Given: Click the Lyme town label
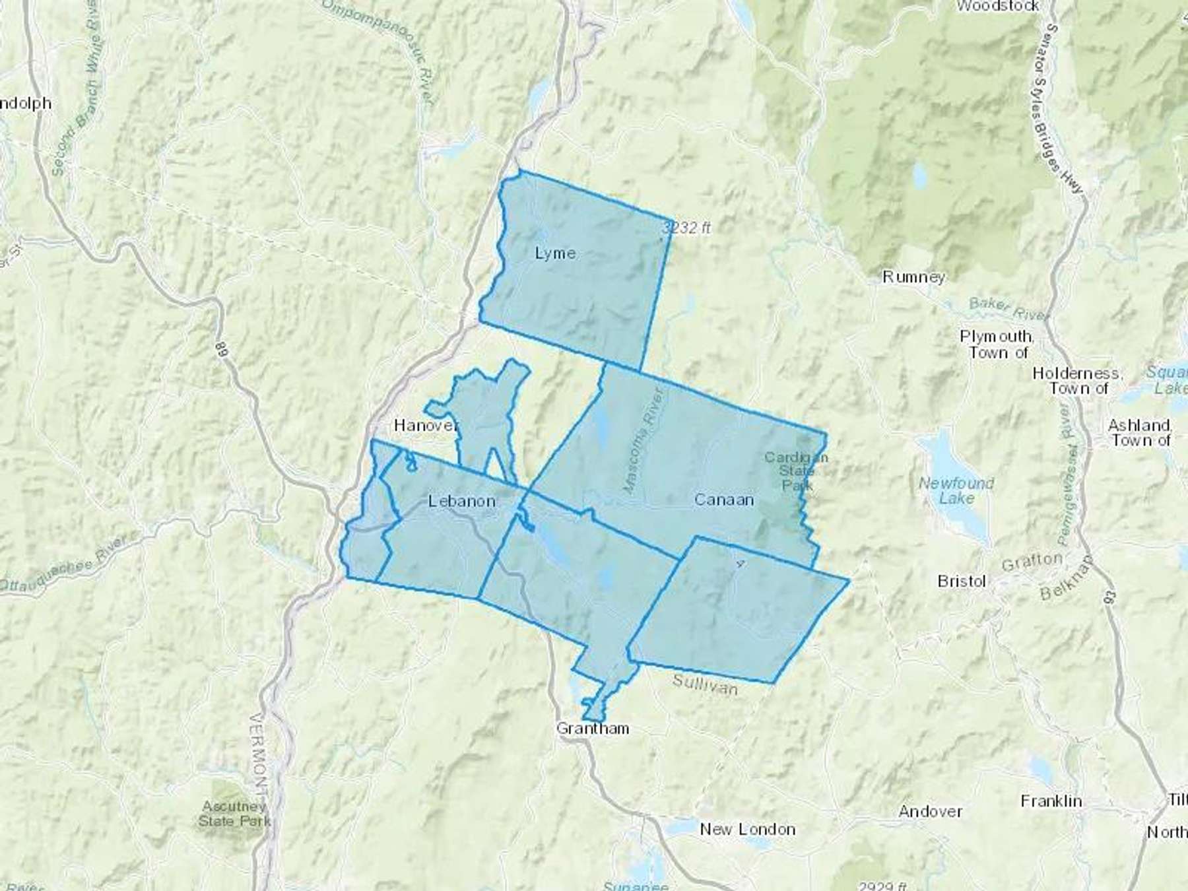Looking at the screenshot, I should pyautogui.click(x=555, y=253).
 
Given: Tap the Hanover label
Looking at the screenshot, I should pyautogui.click(x=426, y=425).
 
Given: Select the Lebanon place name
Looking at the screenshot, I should pyautogui.click(x=461, y=501).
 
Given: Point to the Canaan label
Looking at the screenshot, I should pyautogui.click(x=724, y=500).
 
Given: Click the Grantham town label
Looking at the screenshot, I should pyautogui.click(x=593, y=729).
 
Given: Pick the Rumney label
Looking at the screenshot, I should pyautogui.click(x=913, y=277).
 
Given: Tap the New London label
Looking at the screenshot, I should pyautogui.click(x=747, y=829).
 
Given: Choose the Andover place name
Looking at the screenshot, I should pyautogui.click(x=930, y=811).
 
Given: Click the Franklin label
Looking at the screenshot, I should pyautogui.click(x=1051, y=801).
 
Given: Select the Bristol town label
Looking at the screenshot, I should pyautogui.click(x=962, y=581).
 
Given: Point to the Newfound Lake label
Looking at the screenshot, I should pyautogui.click(x=956, y=490).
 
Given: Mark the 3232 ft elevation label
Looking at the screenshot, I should pyautogui.click(x=687, y=228).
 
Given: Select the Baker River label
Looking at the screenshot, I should pyautogui.click(x=1008, y=308).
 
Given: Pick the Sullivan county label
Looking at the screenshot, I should pyautogui.click(x=704, y=684).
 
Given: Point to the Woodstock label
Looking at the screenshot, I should pyautogui.click(x=997, y=6).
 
